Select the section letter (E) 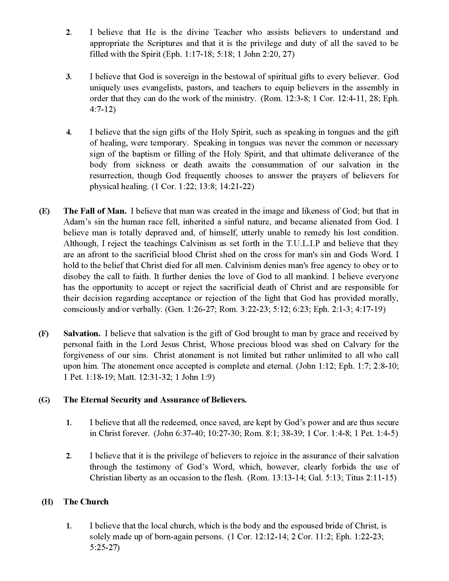[44, 211]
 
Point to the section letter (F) [44, 334]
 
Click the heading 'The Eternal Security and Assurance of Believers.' [155, 400]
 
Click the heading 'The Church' [86, 502]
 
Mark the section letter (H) [47, 502]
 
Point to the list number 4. [69, 132]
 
